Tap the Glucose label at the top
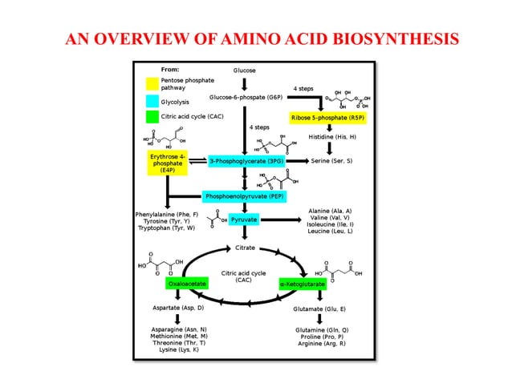pyautogui.click(x=244, y=71)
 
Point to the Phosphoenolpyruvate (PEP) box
pyautogui.click(x=245, y=196)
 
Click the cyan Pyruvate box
pyautogui.click(x=244, y=219)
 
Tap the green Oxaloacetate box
pyautogui.click(x=186, y=284)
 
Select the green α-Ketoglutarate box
pyautogui.click(x=302, y=284)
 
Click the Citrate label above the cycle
pyautogui.click(x=245, y=247)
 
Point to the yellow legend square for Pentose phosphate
pyautogui.click(x=152, y=83)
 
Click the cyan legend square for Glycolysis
pyautogui.click(x=152, y=102)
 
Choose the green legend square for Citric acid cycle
pyautogui.click(x=152, y=117)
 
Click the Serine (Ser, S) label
pyautogui.click(x=331, y=161)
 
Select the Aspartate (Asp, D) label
pyautogui.click(x=178, y=308)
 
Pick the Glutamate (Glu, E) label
pyautogui.click(x=320, y=308)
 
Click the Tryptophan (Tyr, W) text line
pyautogui.click(x=166, y=228)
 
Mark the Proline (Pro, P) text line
pyautogui.click(x=321, y=337)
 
